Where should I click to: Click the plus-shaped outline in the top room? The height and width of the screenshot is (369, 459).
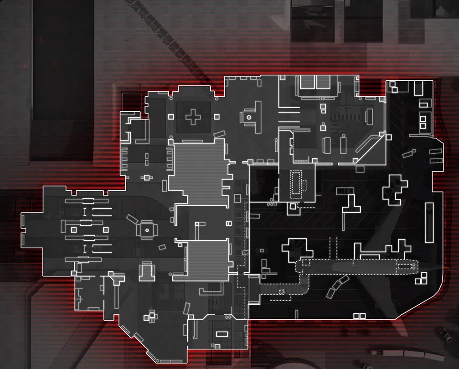point(193,118)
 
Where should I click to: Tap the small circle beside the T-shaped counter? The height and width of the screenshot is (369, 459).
point(248,117)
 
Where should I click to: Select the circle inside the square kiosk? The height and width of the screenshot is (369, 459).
point(147,230)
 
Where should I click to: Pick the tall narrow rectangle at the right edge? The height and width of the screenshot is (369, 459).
point(428,223)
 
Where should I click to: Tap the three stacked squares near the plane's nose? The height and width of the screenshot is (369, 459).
point(423,277)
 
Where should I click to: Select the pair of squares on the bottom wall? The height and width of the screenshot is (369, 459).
point(359,316)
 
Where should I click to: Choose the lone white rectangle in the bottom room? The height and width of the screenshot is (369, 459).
point(221,333)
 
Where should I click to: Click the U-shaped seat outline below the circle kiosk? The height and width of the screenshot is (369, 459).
point(147,270)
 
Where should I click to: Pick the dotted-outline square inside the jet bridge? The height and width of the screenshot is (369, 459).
point(281,291)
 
